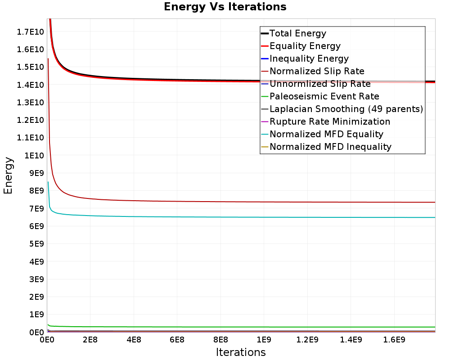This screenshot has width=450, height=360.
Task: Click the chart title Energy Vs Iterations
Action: click(225, 7)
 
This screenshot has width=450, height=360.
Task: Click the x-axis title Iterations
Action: click(241, 352)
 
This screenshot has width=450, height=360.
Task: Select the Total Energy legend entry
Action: click(297, 33)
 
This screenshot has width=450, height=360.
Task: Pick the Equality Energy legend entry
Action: click(305, 46)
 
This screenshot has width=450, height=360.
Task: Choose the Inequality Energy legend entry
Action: click(309, 58)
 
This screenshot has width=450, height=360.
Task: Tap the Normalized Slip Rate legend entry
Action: click(317, 71)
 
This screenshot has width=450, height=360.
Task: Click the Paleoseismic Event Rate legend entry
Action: click(324, 96)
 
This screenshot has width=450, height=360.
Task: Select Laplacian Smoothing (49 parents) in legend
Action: click(346, 109)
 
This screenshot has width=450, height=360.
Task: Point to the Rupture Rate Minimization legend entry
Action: click(330, 121)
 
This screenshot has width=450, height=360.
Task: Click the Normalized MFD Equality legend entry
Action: click(326, 134)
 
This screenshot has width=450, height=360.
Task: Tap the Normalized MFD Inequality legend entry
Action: click(330, 147)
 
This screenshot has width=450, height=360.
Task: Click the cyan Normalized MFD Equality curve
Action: click(225, 217)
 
